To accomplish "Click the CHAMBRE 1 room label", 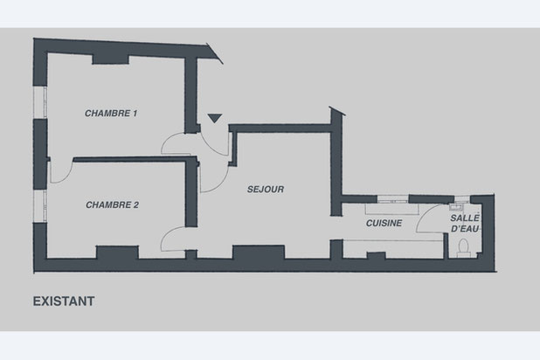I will pyautogui.click(x=112, y=114).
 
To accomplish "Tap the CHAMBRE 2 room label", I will pyautogui.click(x=113, y=204).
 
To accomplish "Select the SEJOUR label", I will pyautogui.click(x=267, y=189).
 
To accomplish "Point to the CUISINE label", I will pyautogui.click(x=384, y=224).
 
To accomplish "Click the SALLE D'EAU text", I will pyautogui.click(x=465, y=223).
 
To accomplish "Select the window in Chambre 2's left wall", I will pyautogui.click(x=38, y=204).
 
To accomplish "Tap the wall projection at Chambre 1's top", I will pyautogui.click(x=112, y=58).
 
